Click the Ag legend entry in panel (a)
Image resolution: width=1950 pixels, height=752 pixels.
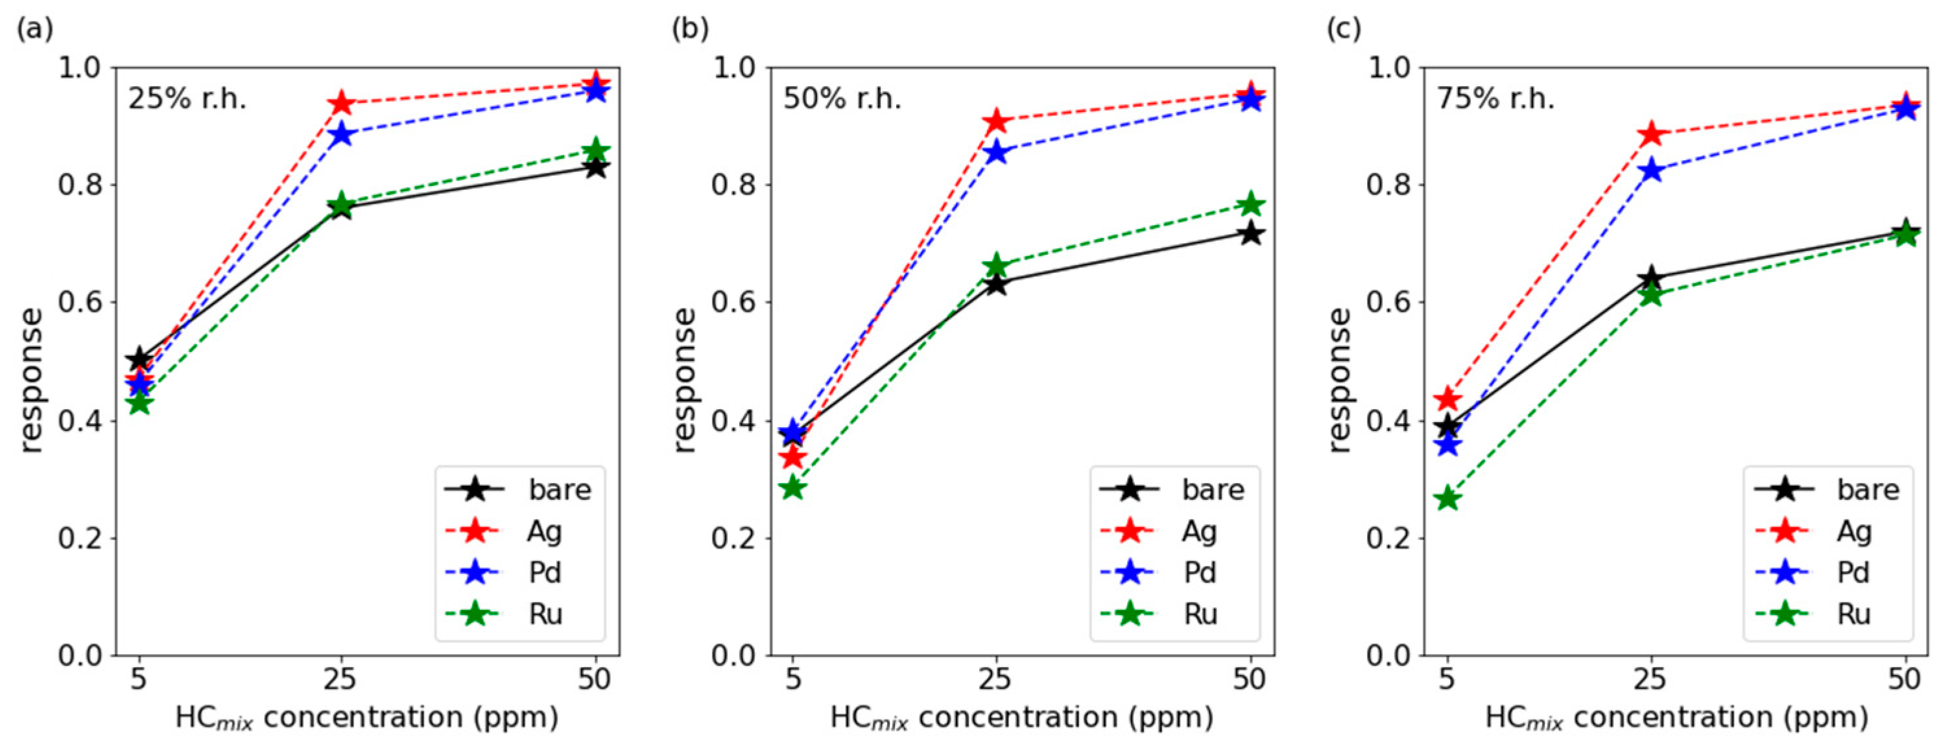pyautogui.click(x=521, y=531)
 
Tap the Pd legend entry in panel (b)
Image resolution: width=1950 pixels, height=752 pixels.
pyautogui.click(x=1176, y=572)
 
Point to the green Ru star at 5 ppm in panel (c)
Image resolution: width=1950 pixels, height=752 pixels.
pyautogui.click(x=1447, y=499)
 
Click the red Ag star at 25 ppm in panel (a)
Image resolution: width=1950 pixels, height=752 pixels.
pyautogui.click(x=341, y=103)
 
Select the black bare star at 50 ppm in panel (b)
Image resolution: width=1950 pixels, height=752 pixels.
pyautogui.click(x=1250, y=233)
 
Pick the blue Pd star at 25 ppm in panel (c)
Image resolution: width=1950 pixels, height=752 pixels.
pyautogui.click(x=1652, y=170)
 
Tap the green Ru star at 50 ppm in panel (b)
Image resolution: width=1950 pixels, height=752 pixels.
pyautogui.click(x=1250, y=204)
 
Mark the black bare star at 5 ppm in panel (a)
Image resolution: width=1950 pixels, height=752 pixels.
pyautogui.click(x=139, y=359)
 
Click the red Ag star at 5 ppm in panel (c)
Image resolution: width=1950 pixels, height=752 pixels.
pyautogui.click(x=1447, y=398)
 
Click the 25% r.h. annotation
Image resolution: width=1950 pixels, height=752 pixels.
pyautogui.click(x=187, y=99)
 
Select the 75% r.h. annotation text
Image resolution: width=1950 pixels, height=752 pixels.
pyautogui.click(x=1496, y=99)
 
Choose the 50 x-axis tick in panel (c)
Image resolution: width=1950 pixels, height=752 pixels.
pyautogui.click(x=1905, y=679)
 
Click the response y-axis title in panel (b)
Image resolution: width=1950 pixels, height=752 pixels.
pyautogui.click(x=684, y=380)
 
